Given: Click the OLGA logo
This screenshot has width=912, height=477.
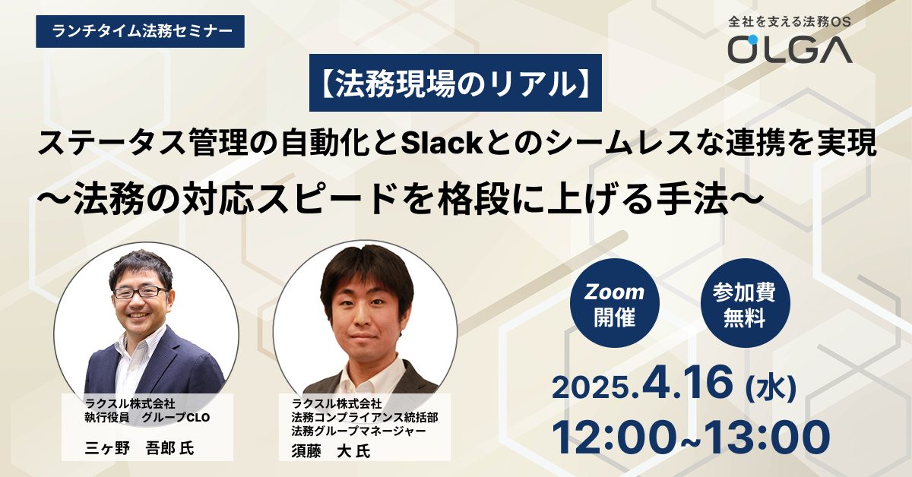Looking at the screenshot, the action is (790, 49).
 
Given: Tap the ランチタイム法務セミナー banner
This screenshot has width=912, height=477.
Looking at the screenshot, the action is (140, 31).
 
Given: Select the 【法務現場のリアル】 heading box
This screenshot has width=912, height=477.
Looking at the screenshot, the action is (455, 83).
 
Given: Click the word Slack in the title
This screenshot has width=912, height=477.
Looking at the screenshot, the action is (442, 144).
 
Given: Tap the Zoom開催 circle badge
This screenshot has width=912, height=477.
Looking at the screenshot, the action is (614, 303).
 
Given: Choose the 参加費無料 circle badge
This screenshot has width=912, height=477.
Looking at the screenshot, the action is (745, 303).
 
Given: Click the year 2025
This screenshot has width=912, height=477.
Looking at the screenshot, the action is (591, 389).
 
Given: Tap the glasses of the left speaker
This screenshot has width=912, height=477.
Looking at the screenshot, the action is (141, 292).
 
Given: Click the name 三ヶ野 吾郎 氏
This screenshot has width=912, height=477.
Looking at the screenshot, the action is (139, 448).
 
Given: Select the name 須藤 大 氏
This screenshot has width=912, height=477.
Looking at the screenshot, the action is (331, 451).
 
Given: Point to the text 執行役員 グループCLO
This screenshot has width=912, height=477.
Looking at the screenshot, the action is (147, 417).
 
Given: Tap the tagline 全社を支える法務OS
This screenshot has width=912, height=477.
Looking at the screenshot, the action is (790, 21).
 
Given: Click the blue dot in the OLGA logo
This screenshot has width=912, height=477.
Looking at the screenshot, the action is (753, 39).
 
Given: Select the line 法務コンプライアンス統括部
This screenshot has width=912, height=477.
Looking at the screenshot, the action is (365, 417).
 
